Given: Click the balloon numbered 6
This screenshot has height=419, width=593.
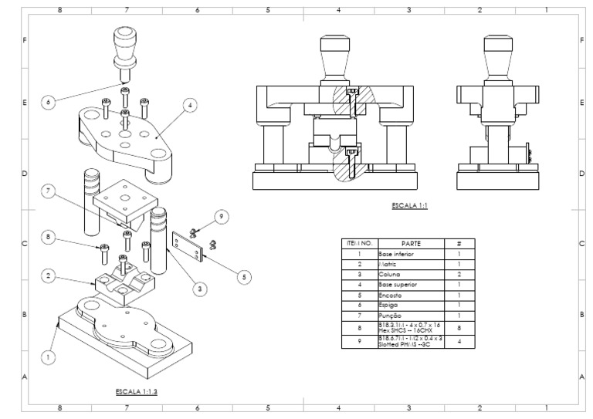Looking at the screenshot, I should tap(49, 101).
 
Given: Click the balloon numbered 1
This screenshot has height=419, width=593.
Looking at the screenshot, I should tap(48, 357).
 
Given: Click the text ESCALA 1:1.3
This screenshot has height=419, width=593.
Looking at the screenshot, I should tap(137, 392).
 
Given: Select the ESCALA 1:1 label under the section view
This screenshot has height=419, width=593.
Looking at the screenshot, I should tap(410, 206).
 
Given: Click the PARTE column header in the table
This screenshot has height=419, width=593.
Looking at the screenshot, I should tap(410, 243).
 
